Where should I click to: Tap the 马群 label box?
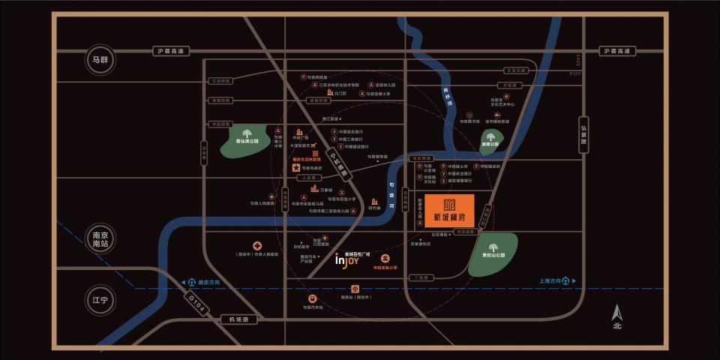[100, 61]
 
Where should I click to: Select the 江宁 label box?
[100, 300]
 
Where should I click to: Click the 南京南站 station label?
[100, 238]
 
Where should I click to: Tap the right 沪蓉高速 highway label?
[619, 51]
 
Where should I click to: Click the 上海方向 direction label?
[555, 281]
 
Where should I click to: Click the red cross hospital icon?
[257, 246]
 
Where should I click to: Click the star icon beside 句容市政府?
[295, 168]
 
